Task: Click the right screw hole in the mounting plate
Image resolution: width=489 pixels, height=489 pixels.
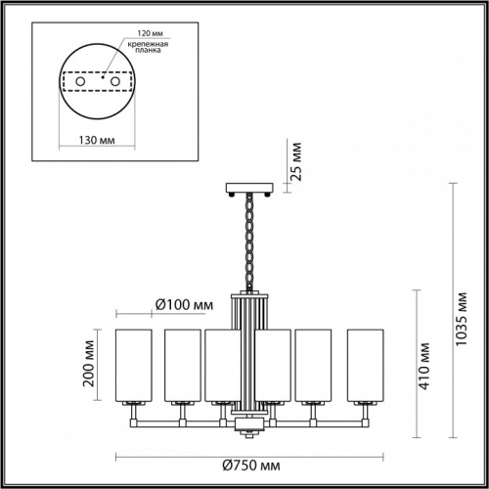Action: tap(113, 81)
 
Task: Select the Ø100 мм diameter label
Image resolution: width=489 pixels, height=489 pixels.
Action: tap(184, 305)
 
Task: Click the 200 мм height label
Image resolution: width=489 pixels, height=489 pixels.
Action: tap(89, 362)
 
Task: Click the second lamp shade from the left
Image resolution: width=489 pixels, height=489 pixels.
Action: tap(183, 364)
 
